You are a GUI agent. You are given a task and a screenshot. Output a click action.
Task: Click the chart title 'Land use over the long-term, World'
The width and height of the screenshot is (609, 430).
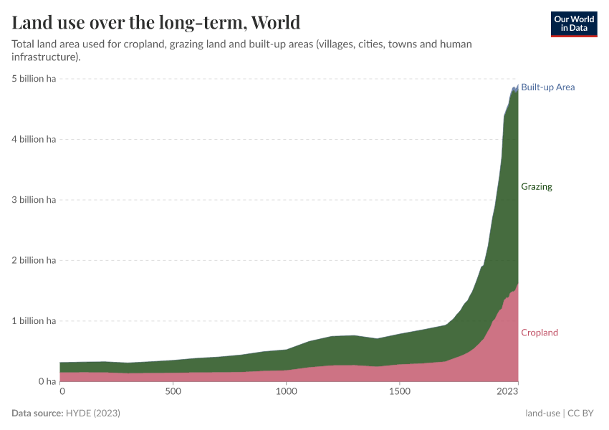pyautogui.click(x=155, y=22)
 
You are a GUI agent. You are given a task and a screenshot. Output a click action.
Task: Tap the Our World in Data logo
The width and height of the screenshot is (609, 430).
pyautogui.click(x=573, y=24)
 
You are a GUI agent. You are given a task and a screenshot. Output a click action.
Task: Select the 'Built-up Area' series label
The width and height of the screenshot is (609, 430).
pyautogui.click(x=547, y=87)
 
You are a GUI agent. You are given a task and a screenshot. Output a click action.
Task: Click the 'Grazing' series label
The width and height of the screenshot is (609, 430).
pyautogui.click(x=537, y=187)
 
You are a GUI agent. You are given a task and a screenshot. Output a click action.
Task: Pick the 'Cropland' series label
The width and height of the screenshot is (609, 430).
pyautogui.click(x=539, y=333)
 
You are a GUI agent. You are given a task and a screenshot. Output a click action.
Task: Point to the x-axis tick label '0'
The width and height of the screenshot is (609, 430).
pyautogui.click(x=62, y=392)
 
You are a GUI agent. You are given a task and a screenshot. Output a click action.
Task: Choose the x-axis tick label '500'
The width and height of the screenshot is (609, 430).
pyautogui.click(x=173, y=392)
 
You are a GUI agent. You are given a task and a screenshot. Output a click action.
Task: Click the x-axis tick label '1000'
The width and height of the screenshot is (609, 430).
pyautogui.click(x=286, y=392)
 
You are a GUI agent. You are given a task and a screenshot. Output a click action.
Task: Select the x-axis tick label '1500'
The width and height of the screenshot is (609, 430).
pyautogui.click(x=399, y=392)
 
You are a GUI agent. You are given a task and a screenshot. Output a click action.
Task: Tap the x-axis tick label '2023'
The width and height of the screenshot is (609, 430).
pyautogui.click(x=507, y=392)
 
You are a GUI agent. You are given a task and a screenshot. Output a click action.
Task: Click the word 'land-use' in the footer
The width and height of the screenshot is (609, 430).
pyautogui.click(x=542, y=414)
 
